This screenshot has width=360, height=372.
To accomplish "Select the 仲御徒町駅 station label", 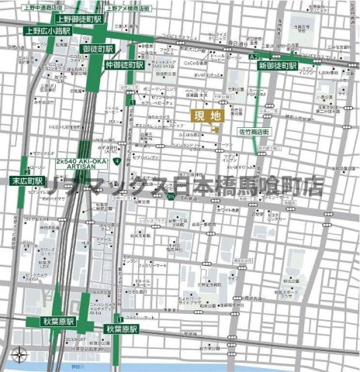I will tap(123, 66).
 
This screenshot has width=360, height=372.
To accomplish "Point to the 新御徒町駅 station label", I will tap(277, 67).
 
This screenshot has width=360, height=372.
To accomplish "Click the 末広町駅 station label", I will tap(28, 181).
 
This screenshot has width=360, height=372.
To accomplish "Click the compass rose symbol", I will tap(19, 356).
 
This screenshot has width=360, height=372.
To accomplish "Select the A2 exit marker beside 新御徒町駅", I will tap(254, 57).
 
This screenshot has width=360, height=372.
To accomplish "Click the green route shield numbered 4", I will tap(115, 161).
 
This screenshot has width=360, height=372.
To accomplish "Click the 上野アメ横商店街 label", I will tap(133, 5).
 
